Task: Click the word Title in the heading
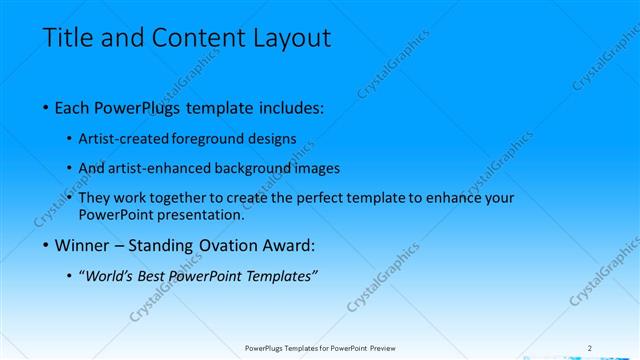(67, 39)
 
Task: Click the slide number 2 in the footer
(589, 348)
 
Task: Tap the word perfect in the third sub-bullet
(305, 198)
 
